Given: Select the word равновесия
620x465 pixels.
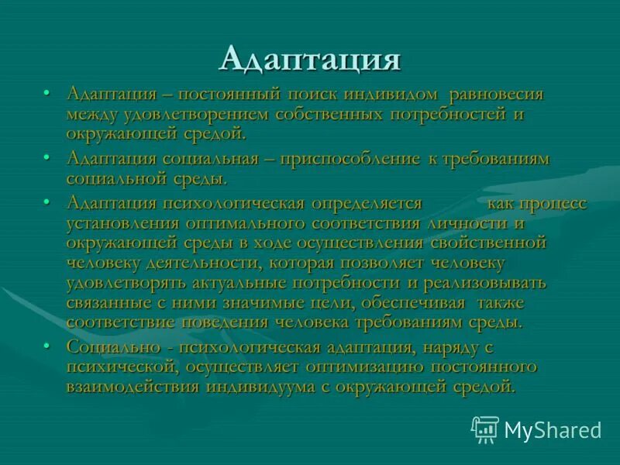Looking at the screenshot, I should pyautogui.click(x=496, y=95).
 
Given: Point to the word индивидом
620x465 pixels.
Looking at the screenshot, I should pyautogui.click(x=389, y=95).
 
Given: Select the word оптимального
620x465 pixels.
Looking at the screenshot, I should pyautogui.click(x=242, y=223).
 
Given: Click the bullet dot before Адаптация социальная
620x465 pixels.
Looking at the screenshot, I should pyautogui.click(x=48, y=158).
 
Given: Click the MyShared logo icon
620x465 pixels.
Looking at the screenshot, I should pyautogui.click(x=485, y=428).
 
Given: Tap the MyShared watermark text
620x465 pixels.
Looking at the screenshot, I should pyautogui.click(x=553, y=429).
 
